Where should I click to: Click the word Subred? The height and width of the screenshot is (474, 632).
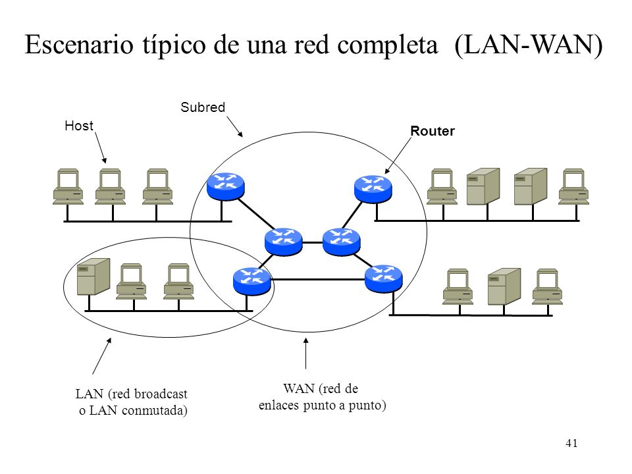[x=203, y=107]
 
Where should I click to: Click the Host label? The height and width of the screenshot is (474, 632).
[x=79, y=126]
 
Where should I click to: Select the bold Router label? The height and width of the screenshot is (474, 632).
[x=433, y=131]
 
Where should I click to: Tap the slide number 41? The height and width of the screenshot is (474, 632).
[x=571, y=443]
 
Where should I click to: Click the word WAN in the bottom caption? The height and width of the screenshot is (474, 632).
[x=299, y=388]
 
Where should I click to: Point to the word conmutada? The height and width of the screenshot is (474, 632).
[x=155, y=410]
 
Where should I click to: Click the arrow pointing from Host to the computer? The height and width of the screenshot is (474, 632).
[x=101, y=147]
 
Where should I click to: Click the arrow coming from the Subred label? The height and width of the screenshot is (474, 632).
[x=234, y=126]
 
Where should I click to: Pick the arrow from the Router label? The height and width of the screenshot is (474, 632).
[x=398, y=155]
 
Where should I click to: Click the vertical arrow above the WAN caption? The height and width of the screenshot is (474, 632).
[x=306, y=354]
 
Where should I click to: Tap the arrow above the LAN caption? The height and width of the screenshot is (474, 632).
[x=101, y=356]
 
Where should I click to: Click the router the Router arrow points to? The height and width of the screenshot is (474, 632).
[x=373, y=188]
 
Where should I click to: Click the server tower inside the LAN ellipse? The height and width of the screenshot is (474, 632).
[x=93, y=276]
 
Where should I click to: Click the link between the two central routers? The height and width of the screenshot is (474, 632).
[x=312, y=243]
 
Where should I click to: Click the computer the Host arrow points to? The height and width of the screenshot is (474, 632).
[x=110, y=186]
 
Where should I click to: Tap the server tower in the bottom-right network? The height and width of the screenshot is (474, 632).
[x=504, y=286]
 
